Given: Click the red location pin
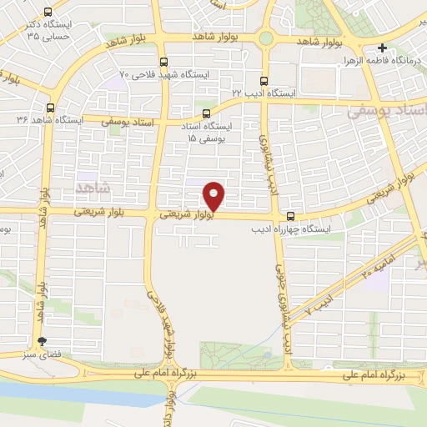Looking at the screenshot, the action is pyautogui.click(x=215, y=195).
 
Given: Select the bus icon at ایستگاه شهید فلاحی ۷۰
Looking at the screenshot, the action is pyautogui.click(x=163, y=61).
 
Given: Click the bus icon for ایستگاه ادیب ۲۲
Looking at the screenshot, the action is pyautogui.click(x=264, y=81).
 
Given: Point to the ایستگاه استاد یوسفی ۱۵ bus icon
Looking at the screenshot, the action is pyautogui.click(x=206, y=113).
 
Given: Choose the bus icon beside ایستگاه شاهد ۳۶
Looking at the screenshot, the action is pyautogui.click(x=50, y=108).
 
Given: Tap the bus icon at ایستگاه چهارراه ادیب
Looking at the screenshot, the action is pyautogui.click(x=290, y=214).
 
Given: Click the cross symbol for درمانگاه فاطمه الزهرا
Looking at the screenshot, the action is pyautogui.click(x=382, y=48).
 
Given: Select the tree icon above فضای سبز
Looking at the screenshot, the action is pyautogui.click(x=42, y=340).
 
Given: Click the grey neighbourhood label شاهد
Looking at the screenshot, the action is pyautogui.click(x=91, y=183).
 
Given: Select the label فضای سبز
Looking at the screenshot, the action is pyautogui.click(x=42, y=354).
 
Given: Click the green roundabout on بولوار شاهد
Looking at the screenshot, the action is pyautogui.click(x=265, y=38).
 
